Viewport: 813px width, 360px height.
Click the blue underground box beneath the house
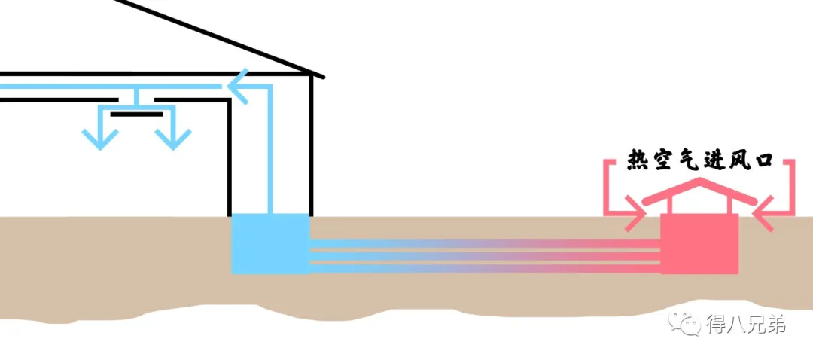[269, 243]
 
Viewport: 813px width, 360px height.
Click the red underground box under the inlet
[699, 243]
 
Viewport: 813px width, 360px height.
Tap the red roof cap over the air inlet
[700, 190]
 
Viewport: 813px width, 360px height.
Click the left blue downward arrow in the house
[99, 138]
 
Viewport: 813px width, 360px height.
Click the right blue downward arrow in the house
[173, 138]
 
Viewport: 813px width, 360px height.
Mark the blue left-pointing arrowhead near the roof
[239, 88]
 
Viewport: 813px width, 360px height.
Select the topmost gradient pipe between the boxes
[482, 243]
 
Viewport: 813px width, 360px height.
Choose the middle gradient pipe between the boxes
[482, 255]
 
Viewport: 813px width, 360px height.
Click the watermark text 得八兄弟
[745, 325]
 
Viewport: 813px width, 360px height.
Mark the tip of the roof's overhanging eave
[322, 76]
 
